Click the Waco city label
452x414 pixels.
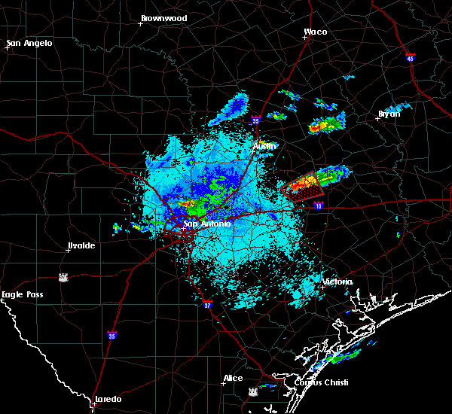click(x=315, y=32)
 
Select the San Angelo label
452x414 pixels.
click(x=30, y=43)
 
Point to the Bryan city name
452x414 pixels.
click(x=389, y=114)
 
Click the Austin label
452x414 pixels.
click(x=264, y=145)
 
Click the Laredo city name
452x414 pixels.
click(x=108, y=399)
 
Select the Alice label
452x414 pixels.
click(x=233, y=378)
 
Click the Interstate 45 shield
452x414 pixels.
click(x=410, y=58)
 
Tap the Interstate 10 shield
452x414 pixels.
click(x=319, y=205)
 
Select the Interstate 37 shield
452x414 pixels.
click(x=208, y=306)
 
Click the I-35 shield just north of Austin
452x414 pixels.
click(x=255, y=120)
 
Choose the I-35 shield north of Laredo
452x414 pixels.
click(x=112, y=335)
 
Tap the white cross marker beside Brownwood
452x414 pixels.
click(x=140, y=23)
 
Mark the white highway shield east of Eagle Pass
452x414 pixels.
click(x=63, y=277)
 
